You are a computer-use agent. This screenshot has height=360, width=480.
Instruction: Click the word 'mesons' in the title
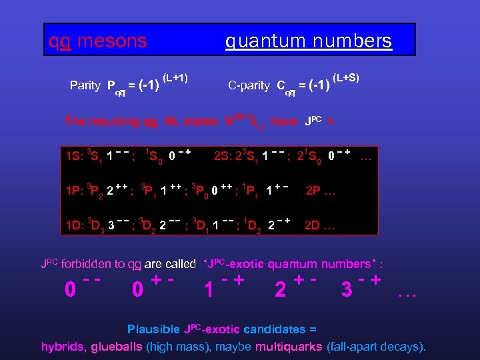tap(112, 41)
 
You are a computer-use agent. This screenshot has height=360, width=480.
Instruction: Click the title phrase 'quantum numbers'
tap(308, 41)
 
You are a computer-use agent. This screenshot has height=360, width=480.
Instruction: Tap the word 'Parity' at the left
tap(85, 85)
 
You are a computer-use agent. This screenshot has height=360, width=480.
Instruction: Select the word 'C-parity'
tap(249, 85)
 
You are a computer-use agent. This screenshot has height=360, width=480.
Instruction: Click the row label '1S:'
tap(74, 158)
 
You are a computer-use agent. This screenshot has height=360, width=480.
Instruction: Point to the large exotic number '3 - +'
tap(361, 289)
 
